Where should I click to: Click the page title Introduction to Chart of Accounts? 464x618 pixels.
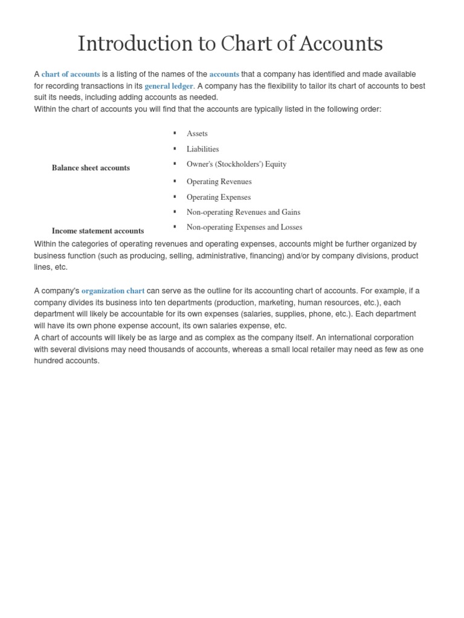(230, 43)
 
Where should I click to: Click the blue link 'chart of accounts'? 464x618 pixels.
(71, 74)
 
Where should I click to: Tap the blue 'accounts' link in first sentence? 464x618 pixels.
(224, 74)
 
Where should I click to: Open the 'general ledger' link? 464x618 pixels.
(169, 86)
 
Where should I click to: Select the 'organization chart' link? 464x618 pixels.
(113, 291)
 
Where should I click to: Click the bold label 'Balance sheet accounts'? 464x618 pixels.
(91, 168)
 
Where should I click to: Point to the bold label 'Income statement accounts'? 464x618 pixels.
(98, 231)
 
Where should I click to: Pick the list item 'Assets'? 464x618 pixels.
(197, 133)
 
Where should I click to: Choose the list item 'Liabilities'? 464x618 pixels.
(202, 149)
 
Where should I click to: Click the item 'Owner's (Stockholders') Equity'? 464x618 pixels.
(236, 164)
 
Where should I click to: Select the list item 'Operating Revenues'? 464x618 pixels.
(219, 182)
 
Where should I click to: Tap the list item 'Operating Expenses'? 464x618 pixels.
(218, 197)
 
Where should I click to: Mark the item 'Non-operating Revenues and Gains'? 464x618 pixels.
(243, 212)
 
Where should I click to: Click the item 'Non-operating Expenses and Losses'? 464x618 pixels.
(244, 228)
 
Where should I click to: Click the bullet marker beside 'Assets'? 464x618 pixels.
(175, 133)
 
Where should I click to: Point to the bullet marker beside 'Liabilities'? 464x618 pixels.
(175, 148)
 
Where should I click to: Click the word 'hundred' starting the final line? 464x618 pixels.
(50, 361)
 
